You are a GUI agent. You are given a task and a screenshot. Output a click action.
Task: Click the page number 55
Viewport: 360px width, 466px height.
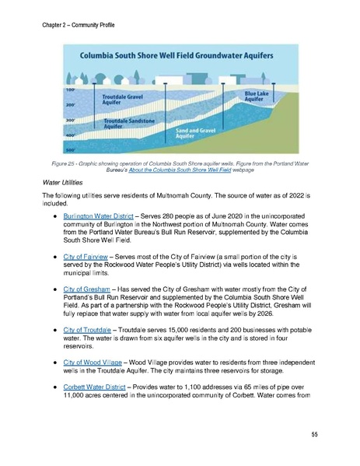[314, 433]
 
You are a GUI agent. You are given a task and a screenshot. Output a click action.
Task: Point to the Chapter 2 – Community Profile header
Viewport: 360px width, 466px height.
[79, 26]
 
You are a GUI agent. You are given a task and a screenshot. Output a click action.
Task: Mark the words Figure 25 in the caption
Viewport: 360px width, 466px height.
[82, 162]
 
